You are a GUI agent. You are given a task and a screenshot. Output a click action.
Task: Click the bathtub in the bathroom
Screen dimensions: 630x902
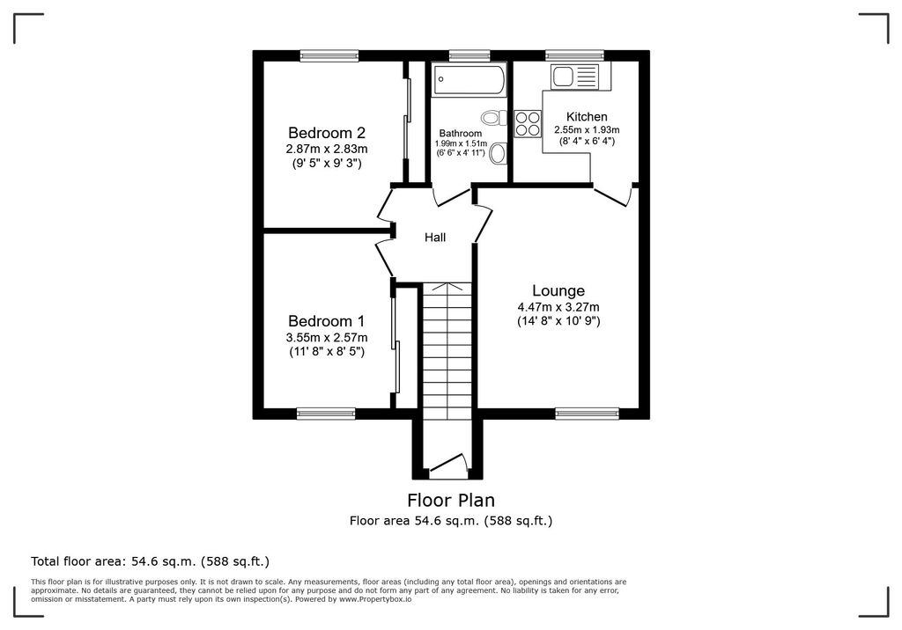tap(469, 81)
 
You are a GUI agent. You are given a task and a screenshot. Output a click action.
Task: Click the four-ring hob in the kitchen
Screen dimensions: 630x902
tap(528, 123)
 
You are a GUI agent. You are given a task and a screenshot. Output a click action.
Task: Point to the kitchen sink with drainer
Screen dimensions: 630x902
tap(574, 77)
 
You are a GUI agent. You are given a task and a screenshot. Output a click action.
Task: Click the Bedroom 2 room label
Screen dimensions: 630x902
tap(325, 133)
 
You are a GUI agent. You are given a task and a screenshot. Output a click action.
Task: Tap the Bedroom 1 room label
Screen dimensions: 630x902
tap(325, 321)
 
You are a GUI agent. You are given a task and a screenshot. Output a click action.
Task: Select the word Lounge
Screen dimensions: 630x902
tap(558, 291)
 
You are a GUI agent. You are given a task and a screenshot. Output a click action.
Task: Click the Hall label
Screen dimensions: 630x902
tap(435, 238)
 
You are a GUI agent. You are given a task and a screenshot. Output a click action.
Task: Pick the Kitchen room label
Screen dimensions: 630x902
tap(586, 117)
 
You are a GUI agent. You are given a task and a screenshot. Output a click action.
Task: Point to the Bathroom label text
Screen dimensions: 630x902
tap(461, 134)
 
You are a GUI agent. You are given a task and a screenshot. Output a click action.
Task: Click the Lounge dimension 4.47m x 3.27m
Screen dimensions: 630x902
tap(558, 307)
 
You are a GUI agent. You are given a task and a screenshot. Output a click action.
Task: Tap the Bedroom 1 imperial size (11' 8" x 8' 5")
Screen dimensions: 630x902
tap(326, 352)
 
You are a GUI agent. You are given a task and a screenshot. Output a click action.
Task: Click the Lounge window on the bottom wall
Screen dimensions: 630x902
tap(587, 413)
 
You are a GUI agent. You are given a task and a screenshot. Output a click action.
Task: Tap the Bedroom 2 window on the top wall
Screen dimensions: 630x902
tap(329, 55)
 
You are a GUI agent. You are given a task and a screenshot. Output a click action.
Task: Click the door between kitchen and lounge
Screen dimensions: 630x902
tap(613, 195)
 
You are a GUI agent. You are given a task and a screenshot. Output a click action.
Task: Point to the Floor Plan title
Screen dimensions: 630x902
tap(451, 501)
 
